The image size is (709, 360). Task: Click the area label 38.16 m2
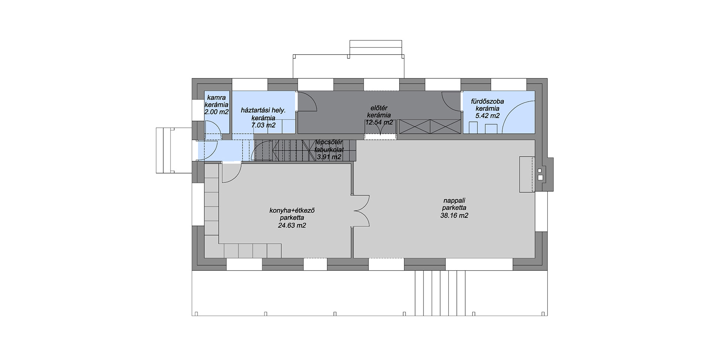click(454, 216)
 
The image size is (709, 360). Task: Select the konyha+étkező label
click(292, 210)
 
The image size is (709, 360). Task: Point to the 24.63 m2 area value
click(292, 226)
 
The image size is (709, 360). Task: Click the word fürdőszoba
click(487, 101)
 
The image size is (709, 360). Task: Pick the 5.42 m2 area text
click(487, 116)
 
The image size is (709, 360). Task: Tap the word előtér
click(379, 108)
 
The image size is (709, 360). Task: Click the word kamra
click(216, 98)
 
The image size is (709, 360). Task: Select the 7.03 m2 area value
click(263, 125)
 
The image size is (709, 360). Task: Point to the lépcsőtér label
click(329, 143)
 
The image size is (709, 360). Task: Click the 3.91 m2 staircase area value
click(329, 157)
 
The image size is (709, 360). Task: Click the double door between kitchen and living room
click(362, 211)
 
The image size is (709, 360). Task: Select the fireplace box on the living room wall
click(527, 174)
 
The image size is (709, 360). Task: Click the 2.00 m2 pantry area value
click(216, 112)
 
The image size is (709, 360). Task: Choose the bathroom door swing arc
click(452, 101)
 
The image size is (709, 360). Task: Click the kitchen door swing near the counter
click(232, 173)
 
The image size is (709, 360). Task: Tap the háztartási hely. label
click(263, 110)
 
